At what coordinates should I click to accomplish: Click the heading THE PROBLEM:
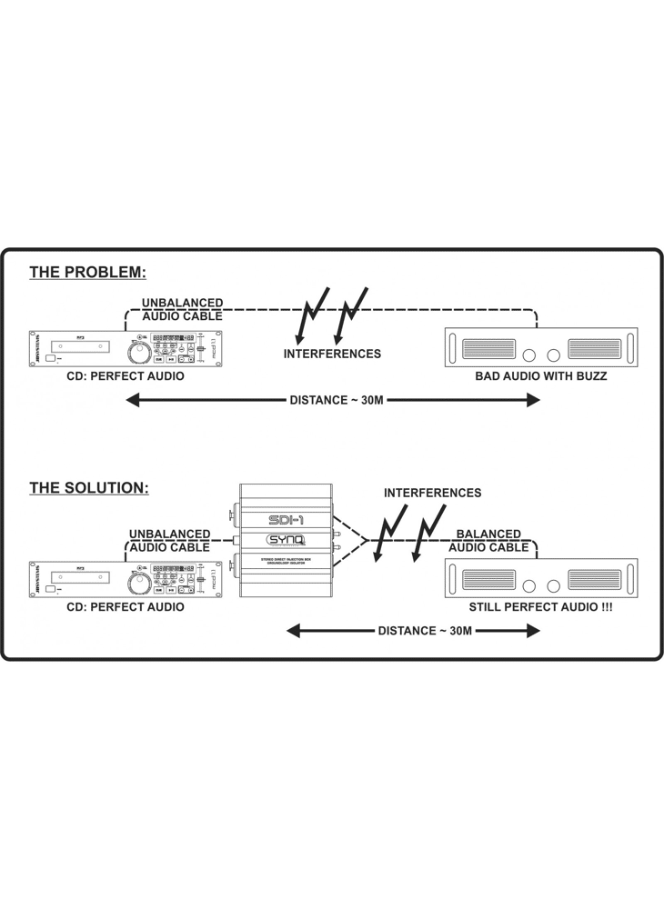[x=87, y=272]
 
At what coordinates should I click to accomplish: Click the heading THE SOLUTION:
[x=88, y=488]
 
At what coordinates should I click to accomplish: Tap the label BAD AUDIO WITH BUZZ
[x=540, y=375]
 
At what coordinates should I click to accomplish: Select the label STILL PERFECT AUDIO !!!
[x=540, y=606]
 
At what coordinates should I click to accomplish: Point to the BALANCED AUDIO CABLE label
[x=488, y=541]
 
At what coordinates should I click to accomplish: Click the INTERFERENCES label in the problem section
[x=332, y=354]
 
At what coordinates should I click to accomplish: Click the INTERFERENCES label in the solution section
[x=432, y=493]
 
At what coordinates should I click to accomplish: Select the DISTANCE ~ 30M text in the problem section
[x=336, y=400]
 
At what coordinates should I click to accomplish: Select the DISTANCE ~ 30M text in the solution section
[x=425, y=631]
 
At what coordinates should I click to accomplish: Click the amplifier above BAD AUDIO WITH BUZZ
[x=540, y=348]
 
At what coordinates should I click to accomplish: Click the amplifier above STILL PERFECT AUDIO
[x=540, y=579]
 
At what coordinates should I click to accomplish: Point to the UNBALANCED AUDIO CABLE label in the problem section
[x=182, y=309]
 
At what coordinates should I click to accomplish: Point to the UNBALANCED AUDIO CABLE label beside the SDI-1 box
[x=170, y=541]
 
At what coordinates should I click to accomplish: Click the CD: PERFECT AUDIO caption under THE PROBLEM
[x=126, y=375]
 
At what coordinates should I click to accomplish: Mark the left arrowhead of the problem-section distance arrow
[x=132, y=400]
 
